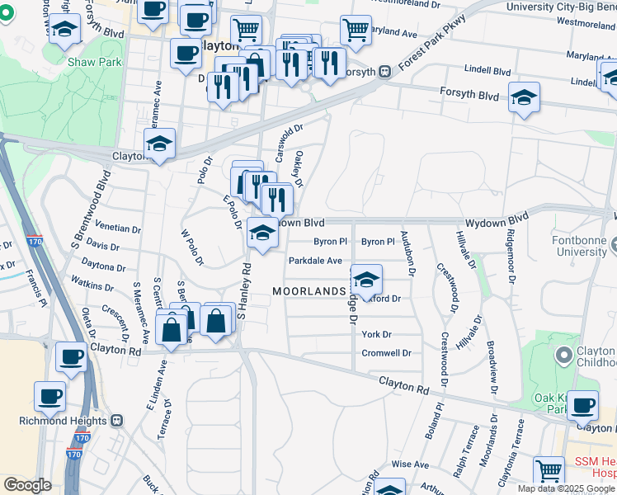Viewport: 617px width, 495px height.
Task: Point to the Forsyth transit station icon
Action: tap(385, 72)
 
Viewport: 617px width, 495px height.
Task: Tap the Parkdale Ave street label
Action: tap(314, 261)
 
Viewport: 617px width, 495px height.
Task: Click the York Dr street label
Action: tap(375, 335)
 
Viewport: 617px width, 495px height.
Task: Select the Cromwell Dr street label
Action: tap(386, 353)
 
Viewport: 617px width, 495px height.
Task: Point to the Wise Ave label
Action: tap(410, 464)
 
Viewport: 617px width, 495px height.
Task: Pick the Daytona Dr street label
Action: tap(103, 267)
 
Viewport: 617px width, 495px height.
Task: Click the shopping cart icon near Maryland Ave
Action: tap(356, 30)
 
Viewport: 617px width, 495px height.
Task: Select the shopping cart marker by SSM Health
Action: tap(549, 471)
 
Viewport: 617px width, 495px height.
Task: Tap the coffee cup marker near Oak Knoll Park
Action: tap(583, 405)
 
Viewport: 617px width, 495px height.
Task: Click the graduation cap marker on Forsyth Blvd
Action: tap(524, 97)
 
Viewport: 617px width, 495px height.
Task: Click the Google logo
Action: tap(28, 485)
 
